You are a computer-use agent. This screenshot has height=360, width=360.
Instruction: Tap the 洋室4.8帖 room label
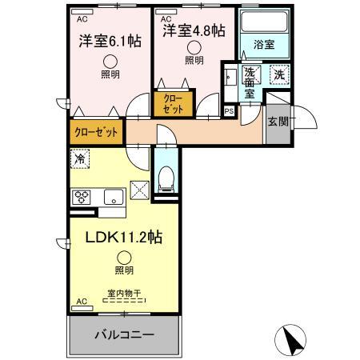coord(194,31)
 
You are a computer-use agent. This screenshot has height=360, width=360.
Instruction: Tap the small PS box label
coord(230,111)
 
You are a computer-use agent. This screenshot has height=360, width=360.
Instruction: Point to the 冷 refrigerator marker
coord(80,159)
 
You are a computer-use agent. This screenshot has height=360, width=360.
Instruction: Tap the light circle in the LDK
coord(124,257)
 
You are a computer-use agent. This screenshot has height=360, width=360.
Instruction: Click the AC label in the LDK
coord(81,302)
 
